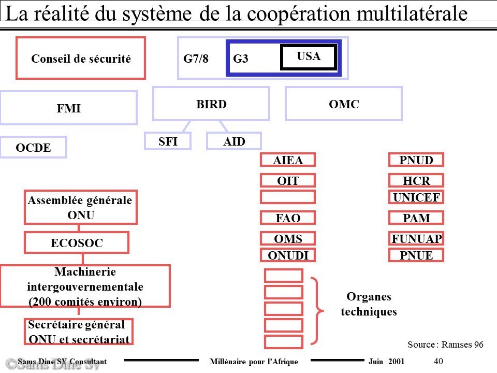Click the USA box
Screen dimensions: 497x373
tap(309, 57)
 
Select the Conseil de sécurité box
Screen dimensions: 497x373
tap(81, 58)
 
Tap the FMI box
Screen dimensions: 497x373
tap(69, 108)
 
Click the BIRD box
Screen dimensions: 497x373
tap(211, 104)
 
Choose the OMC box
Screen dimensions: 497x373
tap(344, 104)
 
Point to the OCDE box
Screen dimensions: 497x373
tap(33, 147)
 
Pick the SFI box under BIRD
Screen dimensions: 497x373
tap(168, 141)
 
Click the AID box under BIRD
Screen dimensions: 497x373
tap(234, 141)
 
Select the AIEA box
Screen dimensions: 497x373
tap(288, 160)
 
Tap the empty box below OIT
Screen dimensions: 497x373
tap(288, 197)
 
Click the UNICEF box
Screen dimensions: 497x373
tap(416, 197)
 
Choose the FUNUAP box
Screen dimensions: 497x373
tap(416, 238)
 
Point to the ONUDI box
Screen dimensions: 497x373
tap(288, 255)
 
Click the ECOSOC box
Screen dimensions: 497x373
tap(77, 242)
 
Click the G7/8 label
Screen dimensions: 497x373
tap(196, 59)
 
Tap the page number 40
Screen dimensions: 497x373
tap(438, 361)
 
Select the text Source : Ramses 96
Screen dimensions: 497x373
tap(445, 345)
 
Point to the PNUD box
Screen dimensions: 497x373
tap(416, 160)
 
